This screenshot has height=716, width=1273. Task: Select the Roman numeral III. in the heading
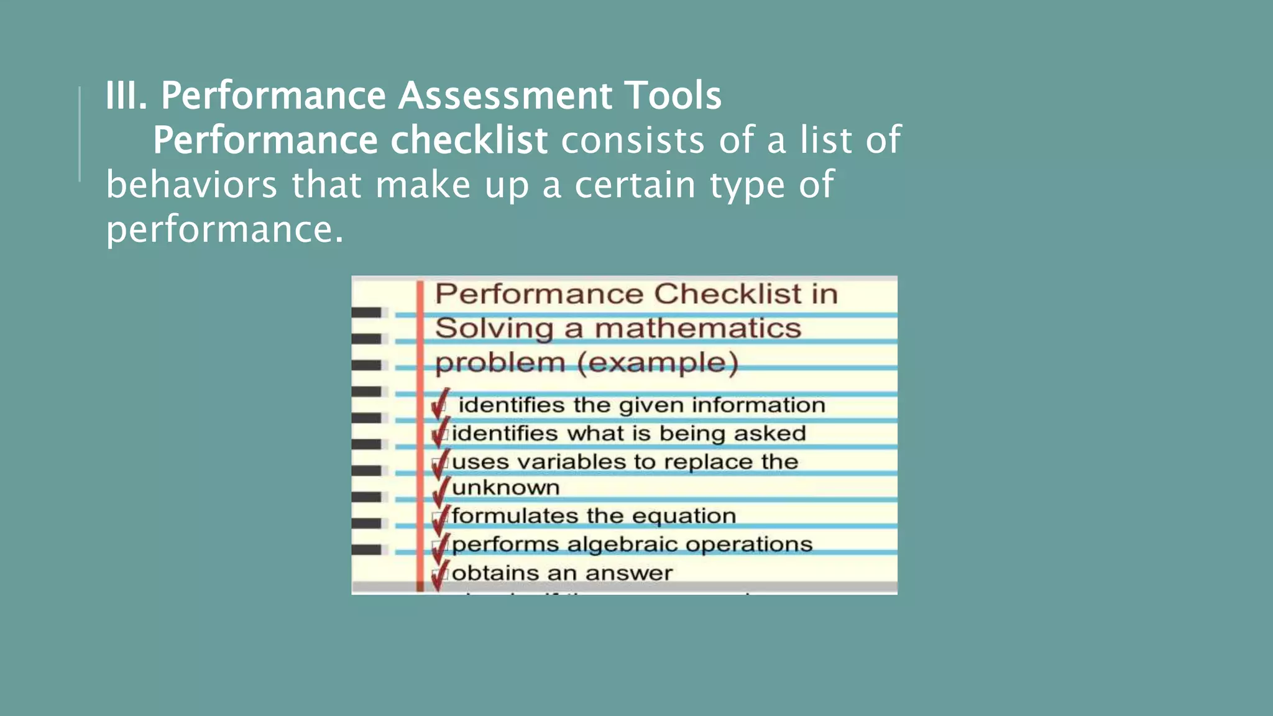point(126,96)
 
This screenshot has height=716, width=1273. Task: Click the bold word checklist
point(469,140)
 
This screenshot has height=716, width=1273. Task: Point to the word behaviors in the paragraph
point(191,185)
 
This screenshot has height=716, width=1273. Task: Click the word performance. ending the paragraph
point(224,230)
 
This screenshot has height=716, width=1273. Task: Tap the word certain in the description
point(635,185)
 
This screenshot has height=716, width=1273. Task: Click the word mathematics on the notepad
point(697,328)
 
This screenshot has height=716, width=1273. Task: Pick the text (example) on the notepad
point(658,362)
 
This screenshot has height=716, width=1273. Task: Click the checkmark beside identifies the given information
point(440,404)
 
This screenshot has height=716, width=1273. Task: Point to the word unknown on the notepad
point(506,488)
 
